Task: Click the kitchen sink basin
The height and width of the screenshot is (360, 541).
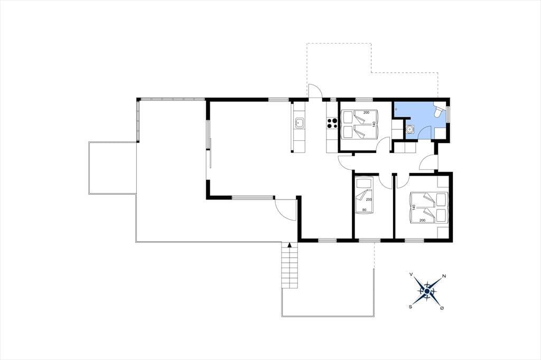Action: point(299,122)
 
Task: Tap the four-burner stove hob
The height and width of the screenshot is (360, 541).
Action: point(332,123)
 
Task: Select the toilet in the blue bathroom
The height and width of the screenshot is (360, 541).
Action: point(438,111)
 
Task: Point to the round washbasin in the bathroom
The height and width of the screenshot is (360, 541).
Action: point(410,129)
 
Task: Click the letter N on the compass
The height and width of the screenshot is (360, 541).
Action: point(444,276)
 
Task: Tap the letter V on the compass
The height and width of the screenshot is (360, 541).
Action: point(411,274)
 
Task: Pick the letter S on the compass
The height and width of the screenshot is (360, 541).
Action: point(411,306)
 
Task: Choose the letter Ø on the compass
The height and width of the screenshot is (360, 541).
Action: point(442,308)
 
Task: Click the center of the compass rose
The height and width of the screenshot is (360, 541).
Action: point(427,292)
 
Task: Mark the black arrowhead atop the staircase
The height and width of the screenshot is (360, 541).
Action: point(290,245)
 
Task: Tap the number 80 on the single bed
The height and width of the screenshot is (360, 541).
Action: point(363,210)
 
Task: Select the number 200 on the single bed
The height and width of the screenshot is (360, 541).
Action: point(369,200)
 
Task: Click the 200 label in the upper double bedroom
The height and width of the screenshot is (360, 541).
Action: point(366,112)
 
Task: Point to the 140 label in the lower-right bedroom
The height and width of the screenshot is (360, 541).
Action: point(414,207)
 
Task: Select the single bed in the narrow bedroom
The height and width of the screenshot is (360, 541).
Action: point(364,196)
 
